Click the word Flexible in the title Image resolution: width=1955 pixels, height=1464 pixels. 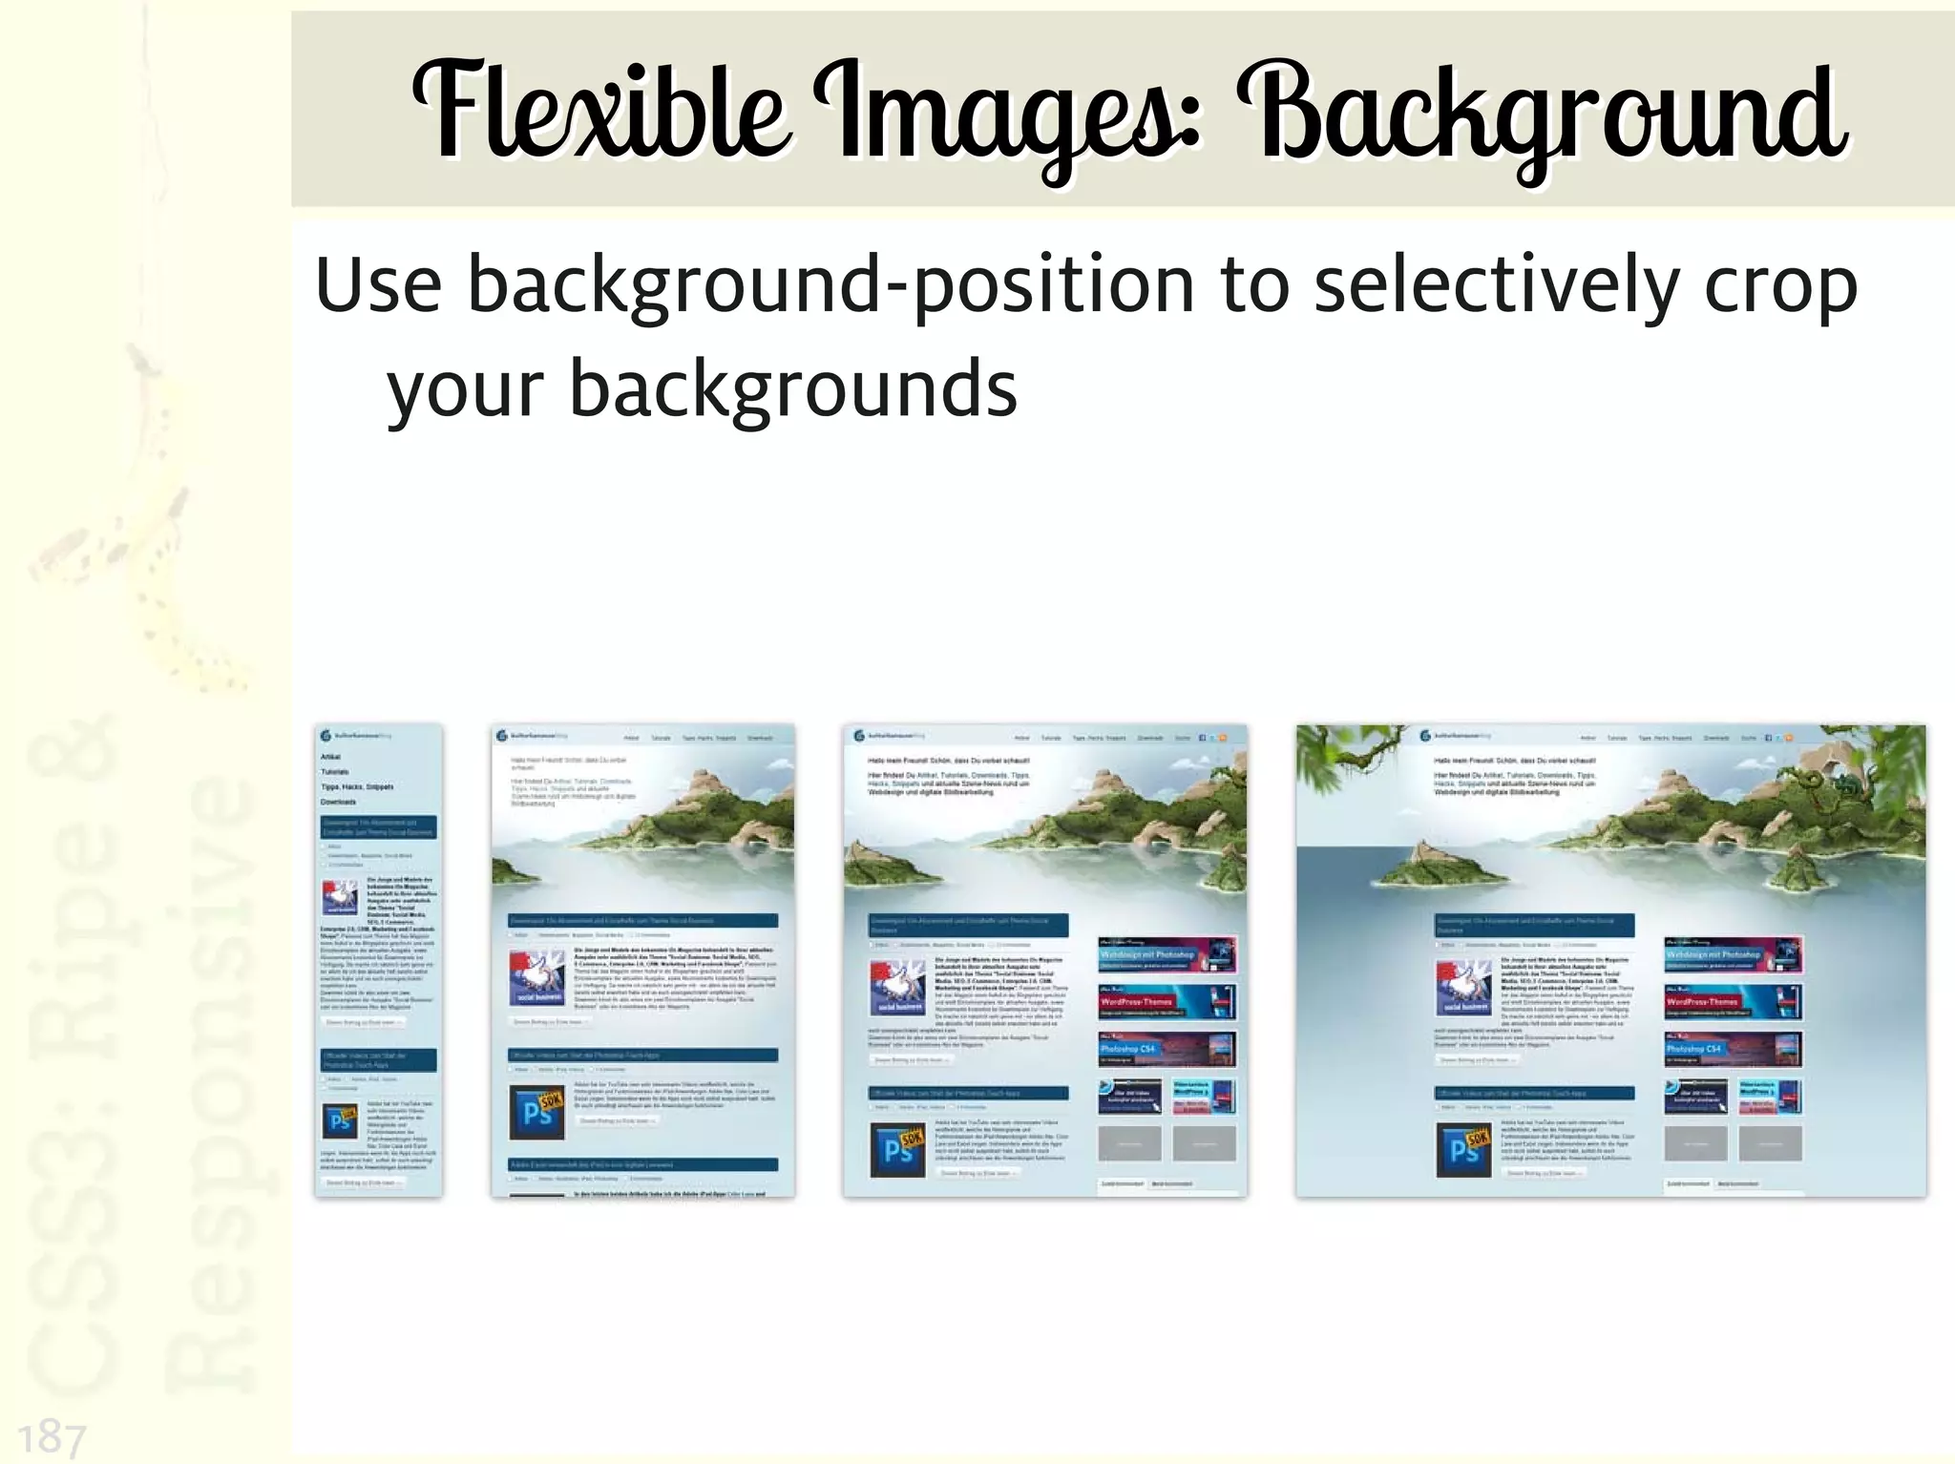pyautogui.click(x=599, y=113)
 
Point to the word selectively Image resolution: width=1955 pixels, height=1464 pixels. pyautogui.click(x=1495, y=284)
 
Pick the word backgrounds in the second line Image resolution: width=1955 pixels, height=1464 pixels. pyautogui.click(x=793, y=389)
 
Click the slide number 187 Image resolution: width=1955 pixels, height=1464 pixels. pyautogui.click(x=52, y=1437)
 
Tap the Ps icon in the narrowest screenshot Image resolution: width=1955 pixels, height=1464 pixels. pyautogui.click(x=339, y=1120)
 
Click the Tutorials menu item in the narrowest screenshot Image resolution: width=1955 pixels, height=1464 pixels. pyautogui.click(x=335, y=771)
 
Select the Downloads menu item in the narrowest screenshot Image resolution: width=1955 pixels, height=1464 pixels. pyautogui.click(x=338, y=802)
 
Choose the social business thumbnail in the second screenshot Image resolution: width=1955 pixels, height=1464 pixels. pyautogui.click(x=537, y=977)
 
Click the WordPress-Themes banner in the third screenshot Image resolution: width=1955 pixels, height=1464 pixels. pyautogui.click(x=1167, y=1001)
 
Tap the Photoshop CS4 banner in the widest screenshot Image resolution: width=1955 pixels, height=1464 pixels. pyautogui.click(x=1733, y=1049)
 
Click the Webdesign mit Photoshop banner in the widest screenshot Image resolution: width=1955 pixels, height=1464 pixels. pyautogui.click(x=1733, y=954)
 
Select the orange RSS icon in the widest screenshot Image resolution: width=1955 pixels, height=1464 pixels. pyautogui.click(x=1789, y=738)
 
